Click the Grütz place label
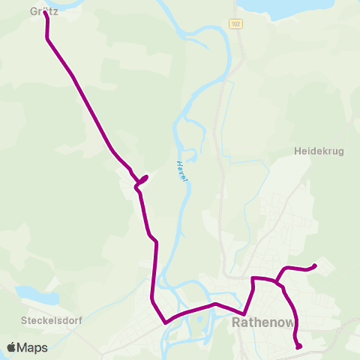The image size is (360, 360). [43, 11]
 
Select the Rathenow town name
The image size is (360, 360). [263, 324]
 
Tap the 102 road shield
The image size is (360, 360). [236, 25]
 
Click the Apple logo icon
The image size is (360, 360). [12, 347]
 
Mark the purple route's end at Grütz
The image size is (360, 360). [46, 14]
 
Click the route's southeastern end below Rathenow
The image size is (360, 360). [299, 346]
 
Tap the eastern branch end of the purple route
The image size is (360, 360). [315, 265]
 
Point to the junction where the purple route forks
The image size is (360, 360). [277, 283]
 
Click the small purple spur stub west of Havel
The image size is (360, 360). [145, 178]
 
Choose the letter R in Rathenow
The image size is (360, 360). [238, 324]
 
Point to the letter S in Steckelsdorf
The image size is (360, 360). [24, 319]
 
